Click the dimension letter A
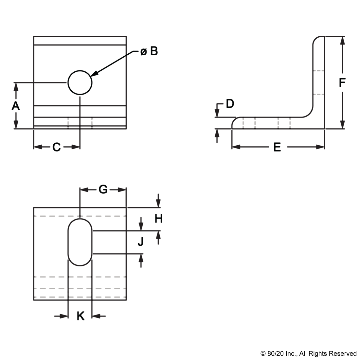[16, 106]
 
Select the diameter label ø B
[149, 51]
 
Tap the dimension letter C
[57, 147]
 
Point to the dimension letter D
[230, 103]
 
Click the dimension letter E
[277, 147]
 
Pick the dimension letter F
[342, 83]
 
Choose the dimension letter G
[103, 189]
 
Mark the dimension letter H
[158, 219]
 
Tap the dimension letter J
[140, 242]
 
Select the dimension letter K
[81, 316]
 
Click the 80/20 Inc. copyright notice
[308, 353]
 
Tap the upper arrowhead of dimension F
[342, 41]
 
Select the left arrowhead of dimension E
[236, 147]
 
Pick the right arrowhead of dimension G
[122, 189]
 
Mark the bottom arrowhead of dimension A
[16, 125]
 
